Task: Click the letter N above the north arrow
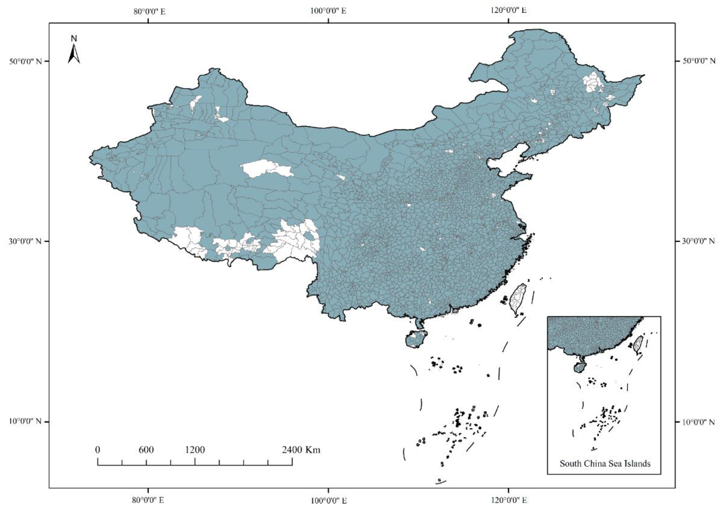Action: (x=74, y=39)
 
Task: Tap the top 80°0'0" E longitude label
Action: (x=149, y=12)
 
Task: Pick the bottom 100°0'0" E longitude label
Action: (x=329, y=500)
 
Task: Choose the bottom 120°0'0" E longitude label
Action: (x=509, y=500)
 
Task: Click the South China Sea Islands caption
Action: (x=605, y=464)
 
